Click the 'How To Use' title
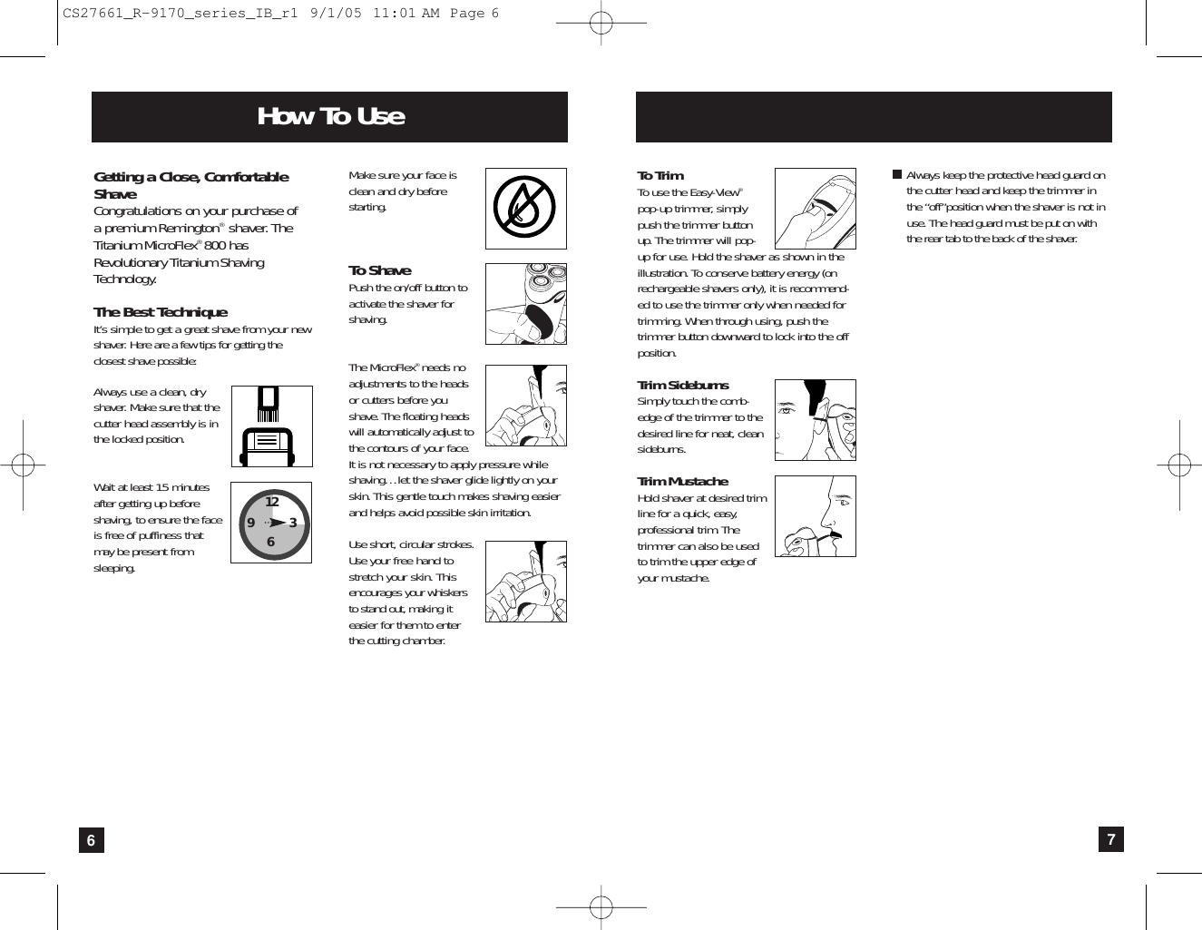(x=330, y=117)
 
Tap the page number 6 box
(x=91, y=840)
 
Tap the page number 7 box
(x=1110, y=839)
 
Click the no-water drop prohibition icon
(x=525, y=209)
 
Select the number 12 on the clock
(x=271, y=502)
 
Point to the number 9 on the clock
(x=250, y=523)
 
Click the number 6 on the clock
(x=270, y=542)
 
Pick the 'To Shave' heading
(x=379, y=270)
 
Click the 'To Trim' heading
(x=660, y=175)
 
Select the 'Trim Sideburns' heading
(x=682, y=385)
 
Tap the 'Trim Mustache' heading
(x=682, y=481)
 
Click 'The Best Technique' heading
(x=161, y=312)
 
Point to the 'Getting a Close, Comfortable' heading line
(x=191, y=177)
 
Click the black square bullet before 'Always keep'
(x=896, y=174)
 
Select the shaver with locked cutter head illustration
(x=271, y=426)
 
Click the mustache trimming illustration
(x=815, y=516)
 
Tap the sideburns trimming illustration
(x=815, y=420)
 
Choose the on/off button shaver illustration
(x=525, y=304)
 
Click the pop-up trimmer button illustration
(x=815, y=209)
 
